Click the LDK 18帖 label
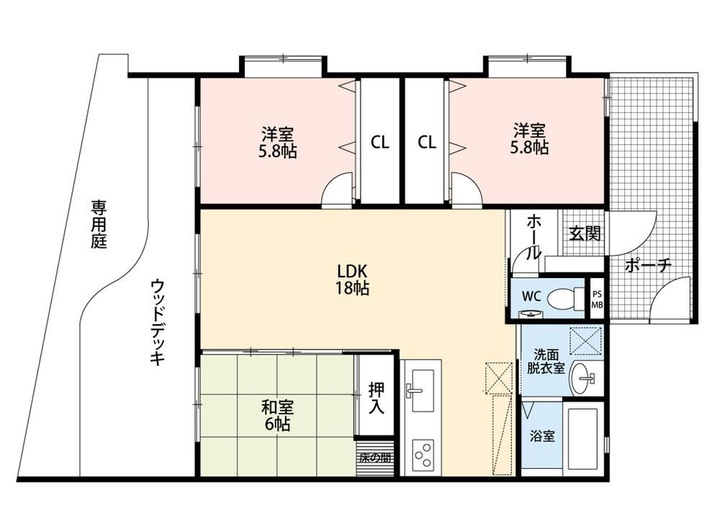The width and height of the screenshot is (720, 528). pyautogui.click(x=352, y=279)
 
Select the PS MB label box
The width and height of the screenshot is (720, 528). pyautogui.click(x=597, y=300)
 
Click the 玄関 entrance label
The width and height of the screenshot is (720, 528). pyautogui.click(x=585, y=233)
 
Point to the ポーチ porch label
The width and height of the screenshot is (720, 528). pyautogui.click(x=648, y=265)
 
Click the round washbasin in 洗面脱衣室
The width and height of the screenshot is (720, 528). pyautogui.click(x=582, y=378)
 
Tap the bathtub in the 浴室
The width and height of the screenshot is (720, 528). pyautogui.click(x=582, y=438)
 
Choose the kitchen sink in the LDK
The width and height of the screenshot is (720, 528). pyautogui.click(x=421, y=390)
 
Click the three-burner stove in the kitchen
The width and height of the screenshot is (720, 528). pyautogui.click(x=423, y=455)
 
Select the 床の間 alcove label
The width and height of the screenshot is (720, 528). pyautogui.click(x=375, y=457)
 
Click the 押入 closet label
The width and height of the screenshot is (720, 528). pyautogui.click(x=377, y=398)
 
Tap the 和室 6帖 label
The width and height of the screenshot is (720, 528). pyautogui.click(x=277, y=416)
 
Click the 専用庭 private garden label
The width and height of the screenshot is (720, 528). pyautogui.click(x=99, y=224)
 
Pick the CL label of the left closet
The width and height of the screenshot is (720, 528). pyautogui.click(x=379, y=143)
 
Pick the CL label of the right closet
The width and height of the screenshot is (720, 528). pyautogui.click(x=426, y=143)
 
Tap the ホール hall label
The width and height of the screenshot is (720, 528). pyautogui.click(x=533, y=237)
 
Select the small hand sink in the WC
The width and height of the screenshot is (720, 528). pyautogui.click(x=531, y=314)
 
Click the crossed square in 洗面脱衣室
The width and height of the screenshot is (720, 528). pyautogui.click(x=585, y=341)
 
